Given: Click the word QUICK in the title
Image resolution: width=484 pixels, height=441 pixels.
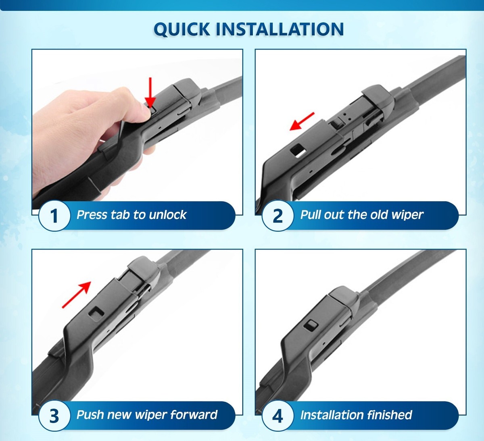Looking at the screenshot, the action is tap(181, 29).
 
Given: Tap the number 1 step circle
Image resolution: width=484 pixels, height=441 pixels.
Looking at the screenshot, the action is tap(54, 215).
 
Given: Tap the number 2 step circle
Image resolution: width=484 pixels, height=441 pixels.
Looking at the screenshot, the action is tap(278, 215).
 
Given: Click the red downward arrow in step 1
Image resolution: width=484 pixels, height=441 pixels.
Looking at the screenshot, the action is tap(150, 92).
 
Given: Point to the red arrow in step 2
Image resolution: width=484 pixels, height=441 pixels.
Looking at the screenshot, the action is tap(302, 121).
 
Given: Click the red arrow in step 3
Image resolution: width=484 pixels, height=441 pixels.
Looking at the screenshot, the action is tap(77, 295).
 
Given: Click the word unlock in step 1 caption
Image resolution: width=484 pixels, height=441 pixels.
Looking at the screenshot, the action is tap(167, 214).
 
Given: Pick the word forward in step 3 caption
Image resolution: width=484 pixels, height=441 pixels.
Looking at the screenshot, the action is tap(194, 414).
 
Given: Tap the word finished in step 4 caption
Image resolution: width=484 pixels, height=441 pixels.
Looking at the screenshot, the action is tap(390, 414).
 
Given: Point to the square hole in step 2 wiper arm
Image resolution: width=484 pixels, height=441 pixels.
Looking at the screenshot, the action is tap(298, 150).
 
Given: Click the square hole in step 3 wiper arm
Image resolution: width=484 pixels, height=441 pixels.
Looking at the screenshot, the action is tap(96, 313).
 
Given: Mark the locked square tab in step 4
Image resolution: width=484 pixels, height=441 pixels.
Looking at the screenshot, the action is tap(311, 326).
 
